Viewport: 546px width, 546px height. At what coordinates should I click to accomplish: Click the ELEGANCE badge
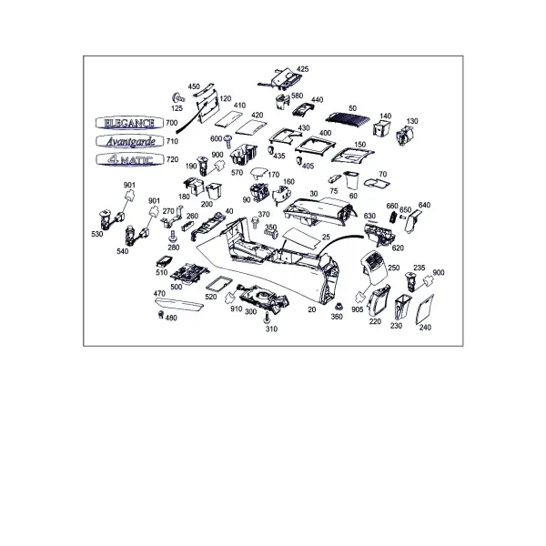129,123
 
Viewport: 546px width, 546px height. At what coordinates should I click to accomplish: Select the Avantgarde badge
129,141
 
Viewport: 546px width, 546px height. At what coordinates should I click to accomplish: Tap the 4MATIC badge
129,159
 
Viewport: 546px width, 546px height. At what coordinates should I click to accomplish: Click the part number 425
302,69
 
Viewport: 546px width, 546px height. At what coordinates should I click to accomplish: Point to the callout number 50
352,108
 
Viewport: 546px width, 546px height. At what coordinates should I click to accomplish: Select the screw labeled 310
268,318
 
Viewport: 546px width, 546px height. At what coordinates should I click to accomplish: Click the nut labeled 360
338,307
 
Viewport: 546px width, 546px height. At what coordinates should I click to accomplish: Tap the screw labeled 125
177,98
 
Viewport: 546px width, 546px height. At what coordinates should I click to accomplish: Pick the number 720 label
172,159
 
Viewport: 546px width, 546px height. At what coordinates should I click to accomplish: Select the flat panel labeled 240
425,308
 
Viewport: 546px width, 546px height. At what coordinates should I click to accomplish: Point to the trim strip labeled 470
178,304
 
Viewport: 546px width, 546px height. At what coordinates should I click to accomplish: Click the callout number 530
97,234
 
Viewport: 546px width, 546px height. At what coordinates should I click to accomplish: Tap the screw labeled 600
228,140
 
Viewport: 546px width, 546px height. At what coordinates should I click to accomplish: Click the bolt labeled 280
173,237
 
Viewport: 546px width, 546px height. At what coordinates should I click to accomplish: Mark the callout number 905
358,309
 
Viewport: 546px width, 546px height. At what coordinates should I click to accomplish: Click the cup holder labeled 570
244,155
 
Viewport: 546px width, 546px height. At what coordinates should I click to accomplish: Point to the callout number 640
424,205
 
